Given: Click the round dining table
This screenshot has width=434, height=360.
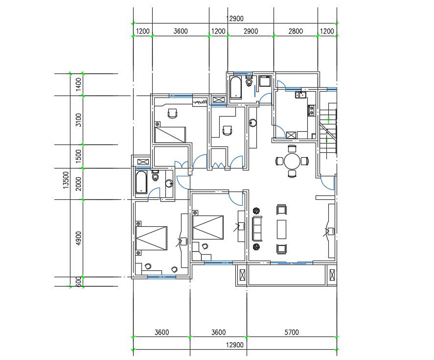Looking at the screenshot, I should pos(292,161).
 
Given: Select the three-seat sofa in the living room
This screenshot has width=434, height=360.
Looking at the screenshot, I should pos(257,229).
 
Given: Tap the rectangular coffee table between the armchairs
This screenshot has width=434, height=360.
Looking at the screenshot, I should pos(281,229).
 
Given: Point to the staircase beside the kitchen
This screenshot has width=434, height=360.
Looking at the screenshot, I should pos(328,130).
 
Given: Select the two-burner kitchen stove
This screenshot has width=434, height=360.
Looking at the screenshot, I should pos(310,111).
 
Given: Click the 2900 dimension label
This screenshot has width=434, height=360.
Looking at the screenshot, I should pos(251,31).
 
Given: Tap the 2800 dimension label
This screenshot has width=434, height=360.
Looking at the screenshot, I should pos(295,31).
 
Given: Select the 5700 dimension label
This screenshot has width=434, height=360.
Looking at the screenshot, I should pos(291,333).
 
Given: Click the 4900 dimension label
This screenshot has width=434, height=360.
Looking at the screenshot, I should pos(78,239).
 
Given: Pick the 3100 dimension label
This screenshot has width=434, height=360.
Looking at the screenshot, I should pos(78,120).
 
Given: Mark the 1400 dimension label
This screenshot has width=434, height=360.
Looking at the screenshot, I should pos(78,84).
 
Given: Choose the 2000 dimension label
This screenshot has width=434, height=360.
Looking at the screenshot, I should pos(78,184).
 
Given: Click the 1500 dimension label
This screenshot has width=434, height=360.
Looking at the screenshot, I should pos(78,157).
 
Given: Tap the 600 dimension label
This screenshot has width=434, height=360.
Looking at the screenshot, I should pos(78,282).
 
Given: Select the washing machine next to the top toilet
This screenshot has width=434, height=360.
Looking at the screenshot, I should pos(265,81).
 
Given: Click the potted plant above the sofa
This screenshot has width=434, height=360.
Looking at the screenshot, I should pos(256,211).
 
